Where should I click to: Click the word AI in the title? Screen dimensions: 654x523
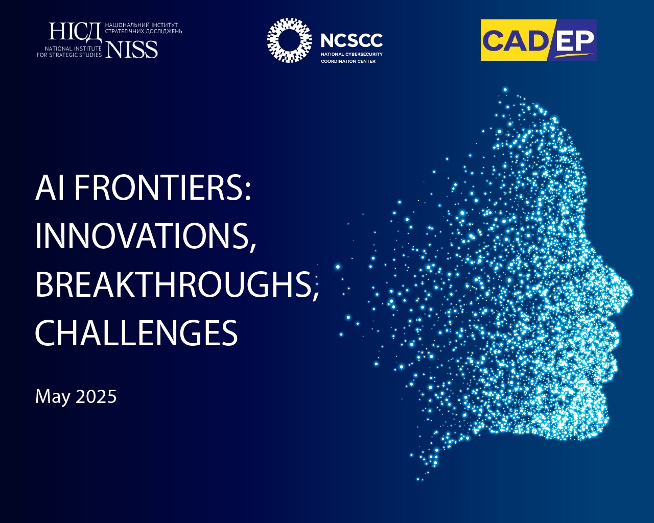[50, 188]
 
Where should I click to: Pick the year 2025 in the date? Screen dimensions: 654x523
[96, 396]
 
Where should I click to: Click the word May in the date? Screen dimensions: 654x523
[53, 397]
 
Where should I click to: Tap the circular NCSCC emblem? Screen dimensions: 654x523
[289, 40]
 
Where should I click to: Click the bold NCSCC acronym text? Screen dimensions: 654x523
[352, 40]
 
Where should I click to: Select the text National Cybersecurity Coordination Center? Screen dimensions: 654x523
[352, 58]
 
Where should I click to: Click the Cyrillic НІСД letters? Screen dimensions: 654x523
[76, 32]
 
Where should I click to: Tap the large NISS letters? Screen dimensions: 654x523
[131, 50]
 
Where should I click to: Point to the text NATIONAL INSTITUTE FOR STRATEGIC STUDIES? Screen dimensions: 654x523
[69, 52]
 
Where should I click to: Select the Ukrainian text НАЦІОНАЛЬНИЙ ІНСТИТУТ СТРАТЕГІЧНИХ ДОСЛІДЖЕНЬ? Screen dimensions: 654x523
[144, 28]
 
